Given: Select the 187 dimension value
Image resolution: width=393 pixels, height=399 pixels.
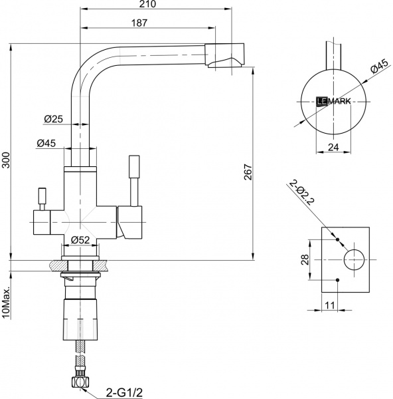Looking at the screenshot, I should (x=139, y=23).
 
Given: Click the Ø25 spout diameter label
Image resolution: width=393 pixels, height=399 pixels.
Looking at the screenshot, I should (x=53, y=118).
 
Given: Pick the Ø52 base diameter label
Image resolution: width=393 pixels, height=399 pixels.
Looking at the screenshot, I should (x=80, y=239).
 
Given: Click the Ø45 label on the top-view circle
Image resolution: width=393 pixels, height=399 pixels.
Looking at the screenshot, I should (x=379, y=66).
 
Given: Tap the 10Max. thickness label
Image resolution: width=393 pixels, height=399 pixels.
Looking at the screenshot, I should (x=6, y=302).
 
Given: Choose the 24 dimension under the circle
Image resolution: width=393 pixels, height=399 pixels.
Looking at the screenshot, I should (x=333, y=148).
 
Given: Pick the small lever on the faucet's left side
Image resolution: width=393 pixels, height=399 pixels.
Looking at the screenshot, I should (x=41, y=198).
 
